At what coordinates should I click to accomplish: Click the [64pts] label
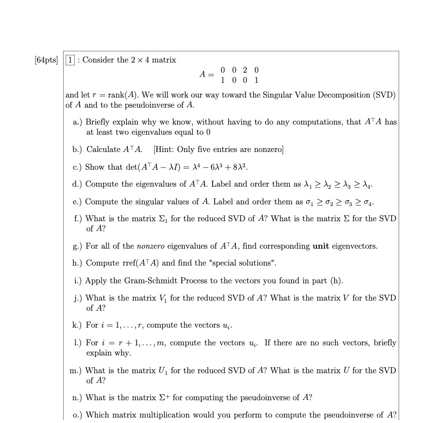(46, 60)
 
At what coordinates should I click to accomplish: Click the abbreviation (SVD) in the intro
(383, 95)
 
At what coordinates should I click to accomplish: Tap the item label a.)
(78, 122)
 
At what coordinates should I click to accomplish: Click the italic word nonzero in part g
(151, 246)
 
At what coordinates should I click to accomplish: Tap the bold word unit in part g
(321, 246)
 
